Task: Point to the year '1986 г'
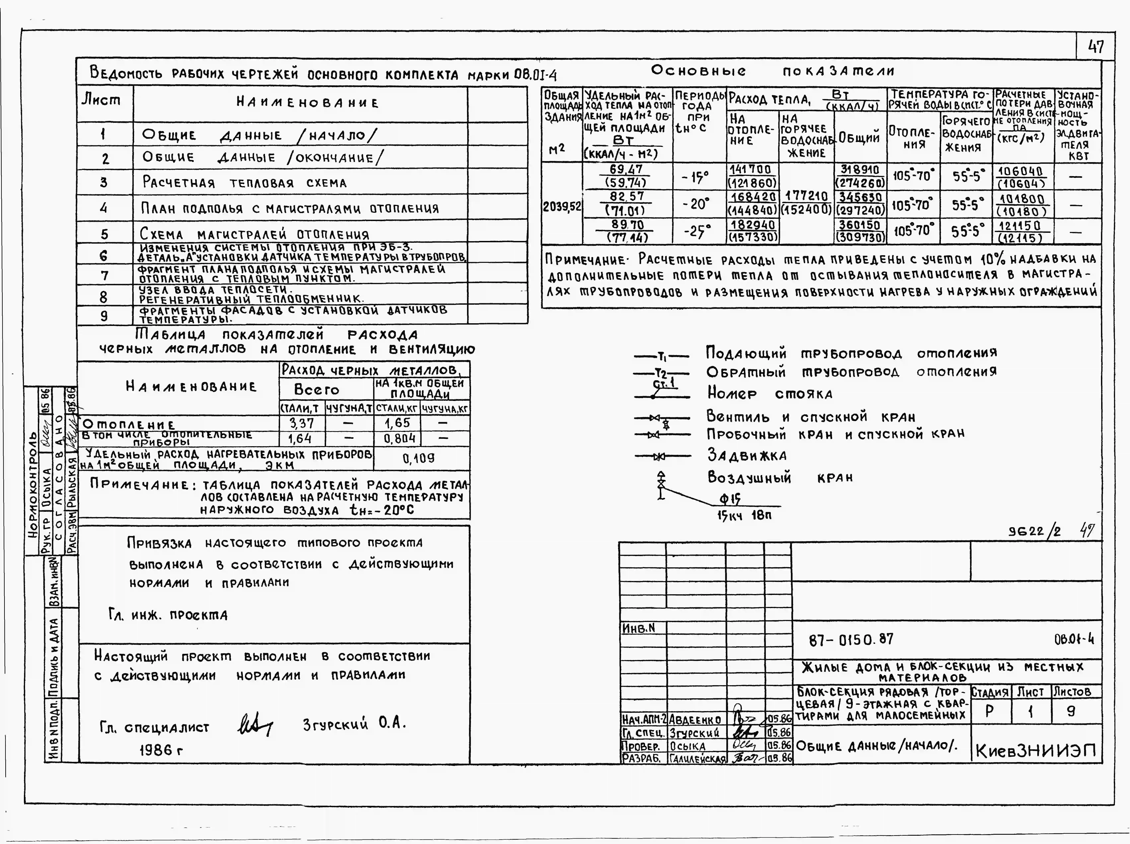pyautogui.click(x=161, y=750)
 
